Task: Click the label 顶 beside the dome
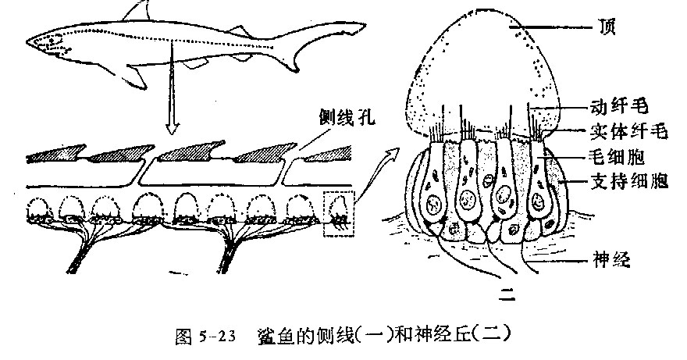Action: tap(607, 27)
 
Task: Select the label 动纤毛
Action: tap(619, 106)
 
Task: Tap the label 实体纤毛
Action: tap(628, 131)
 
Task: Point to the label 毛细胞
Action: tap(618, 156)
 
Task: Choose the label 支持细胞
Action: tap(628, 180)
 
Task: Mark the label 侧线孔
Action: tap(347, 116)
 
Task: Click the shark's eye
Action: tap(52, 41)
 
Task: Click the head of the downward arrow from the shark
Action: tap(173, 129)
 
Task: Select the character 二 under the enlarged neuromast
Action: tap(507, 294)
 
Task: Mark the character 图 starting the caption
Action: tap(183, 337)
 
